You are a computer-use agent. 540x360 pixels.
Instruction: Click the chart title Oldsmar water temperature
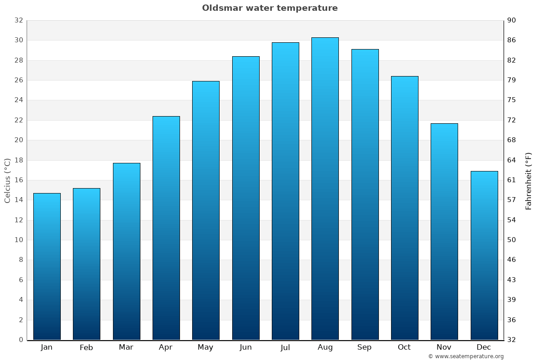click(x=270, y=8)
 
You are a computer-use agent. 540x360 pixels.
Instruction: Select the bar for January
click(x=47, y=266)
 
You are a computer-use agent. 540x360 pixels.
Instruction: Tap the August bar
click(x=325, y=189)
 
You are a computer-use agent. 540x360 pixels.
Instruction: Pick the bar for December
click(x=484, y=255)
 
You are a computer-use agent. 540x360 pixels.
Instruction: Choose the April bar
click(x=166, y=228)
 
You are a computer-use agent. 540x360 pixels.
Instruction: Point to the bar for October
click(x=405, y=208)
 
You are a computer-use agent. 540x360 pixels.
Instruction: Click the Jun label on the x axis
click(x=246, y=347)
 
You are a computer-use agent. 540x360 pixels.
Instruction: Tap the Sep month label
click(x=364, y=347)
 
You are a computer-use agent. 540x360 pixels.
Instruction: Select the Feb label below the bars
click(x=86, y=347)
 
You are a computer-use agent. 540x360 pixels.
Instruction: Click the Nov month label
click(x=444, y=347)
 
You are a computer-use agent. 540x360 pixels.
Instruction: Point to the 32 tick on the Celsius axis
click(x=18, y=20)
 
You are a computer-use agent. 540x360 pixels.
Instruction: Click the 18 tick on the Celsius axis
click(x=18, y=160)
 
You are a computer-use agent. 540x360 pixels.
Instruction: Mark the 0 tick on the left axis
click(x=21, y=340)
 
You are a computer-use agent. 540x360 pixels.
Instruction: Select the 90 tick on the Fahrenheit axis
click(x=512, y=20)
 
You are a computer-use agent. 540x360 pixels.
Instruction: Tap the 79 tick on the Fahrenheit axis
click(x=512, y=80)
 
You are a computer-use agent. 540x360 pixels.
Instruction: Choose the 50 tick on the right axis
click(x=512, y=240)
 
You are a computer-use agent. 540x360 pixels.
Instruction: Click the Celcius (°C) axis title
click(x=8, y=180)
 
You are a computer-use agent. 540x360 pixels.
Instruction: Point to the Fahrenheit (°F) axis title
click(x=529, y=180)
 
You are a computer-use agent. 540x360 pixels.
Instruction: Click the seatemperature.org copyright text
click(x=466, y=356)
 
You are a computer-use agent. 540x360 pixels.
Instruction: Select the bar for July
click(x=285, y=191)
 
